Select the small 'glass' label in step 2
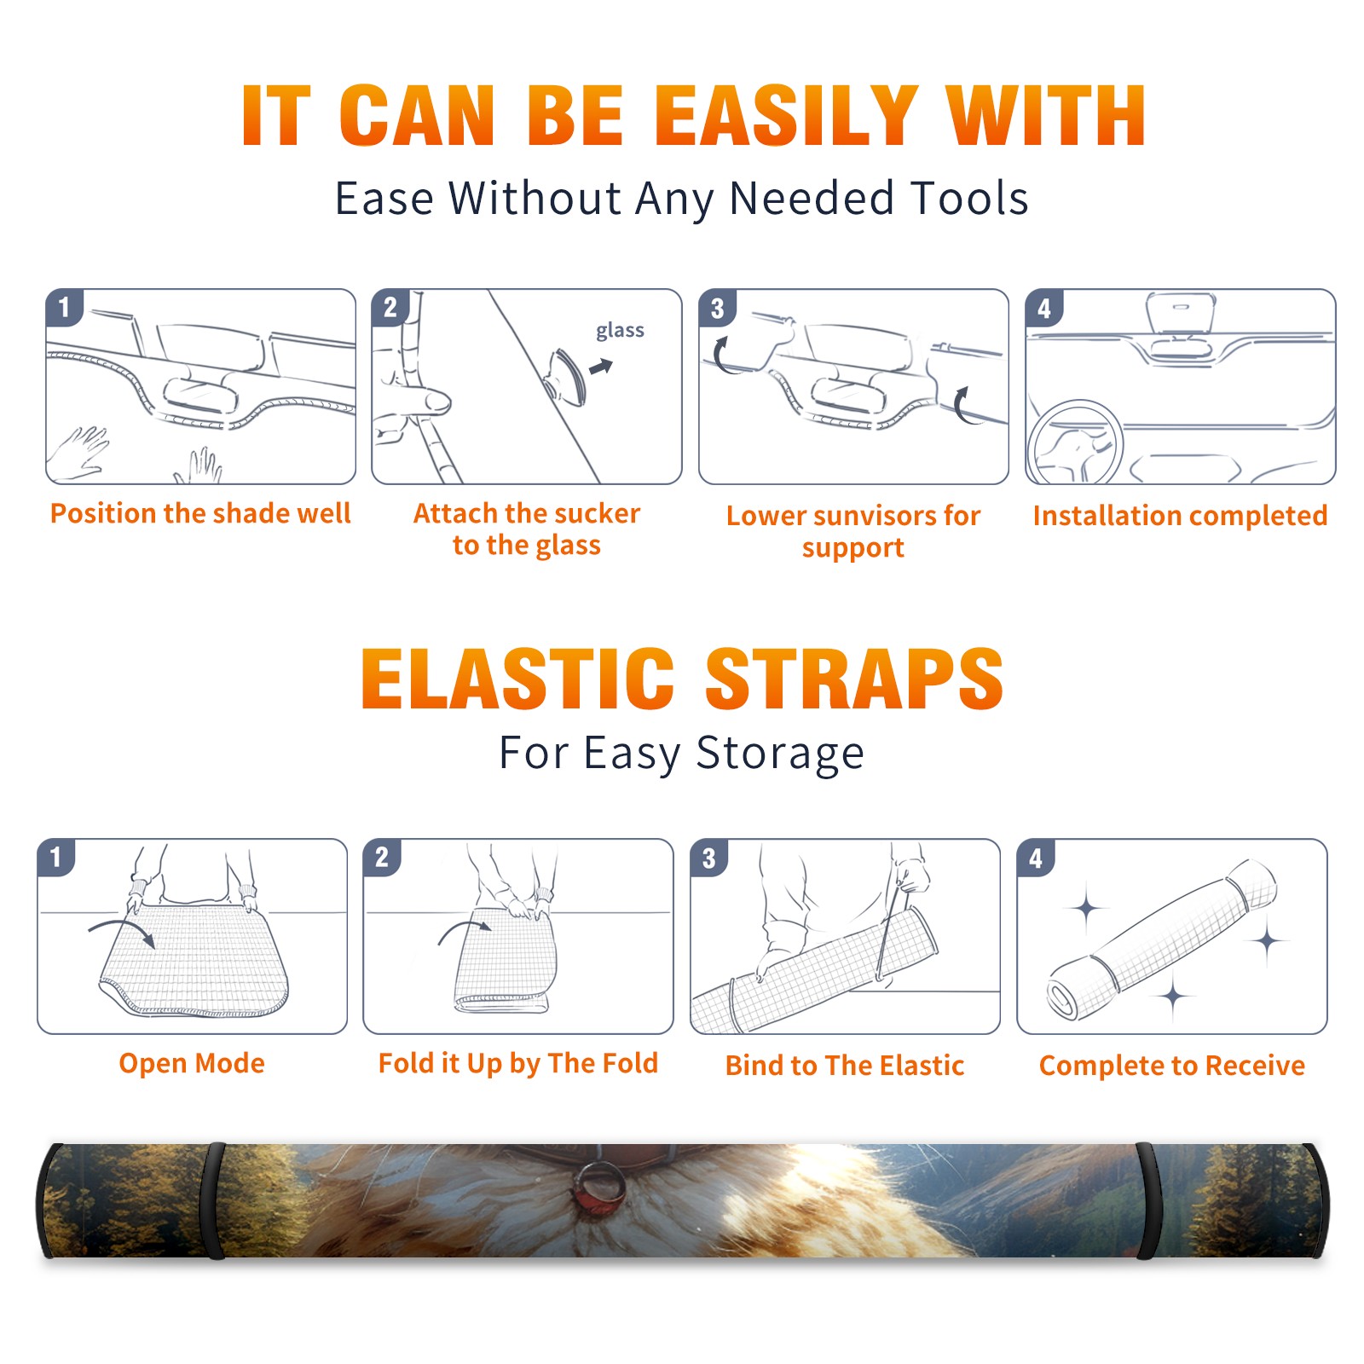[x=620, y=331]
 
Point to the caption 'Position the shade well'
[x=200, y=513]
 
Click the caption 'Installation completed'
[x=1180, y=515]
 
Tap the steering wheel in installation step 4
[x=1074, y=443]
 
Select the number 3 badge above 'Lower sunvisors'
[x=717, y=309]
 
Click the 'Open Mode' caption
[x=192, y=1063]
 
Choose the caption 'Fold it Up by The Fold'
[x=518, y=1063]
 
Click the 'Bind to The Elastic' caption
[x=845, y=1066]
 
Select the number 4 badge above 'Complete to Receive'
[x=1036, y=858]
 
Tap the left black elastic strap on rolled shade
[x=213, y=1200]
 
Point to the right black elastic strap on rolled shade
[x=1147, y=1200]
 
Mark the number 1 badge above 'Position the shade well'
[x=64, y=307]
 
